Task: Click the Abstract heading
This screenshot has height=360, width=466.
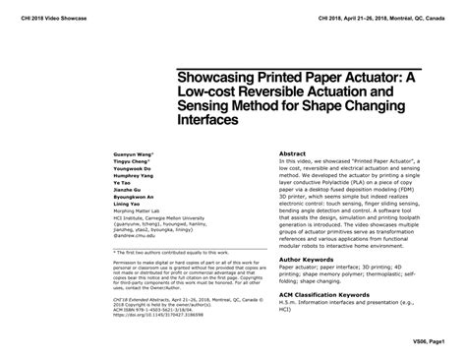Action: tap(294, 154)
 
